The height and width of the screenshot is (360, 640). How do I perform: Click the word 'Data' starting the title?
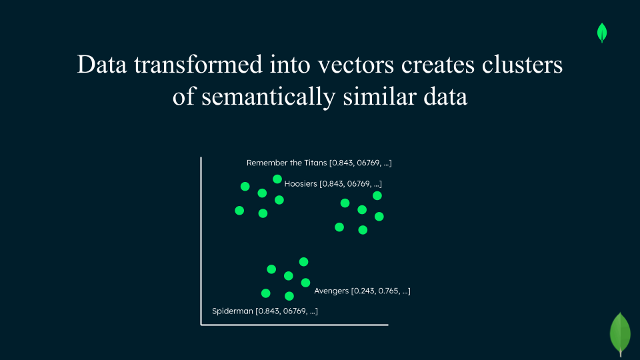click(x=101, y=65)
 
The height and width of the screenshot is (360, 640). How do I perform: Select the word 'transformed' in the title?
click(x=198, y=65)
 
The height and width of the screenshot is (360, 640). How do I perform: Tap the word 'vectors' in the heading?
click(x=356, y=65)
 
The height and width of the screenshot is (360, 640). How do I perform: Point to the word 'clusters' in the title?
click(x=522, y=65)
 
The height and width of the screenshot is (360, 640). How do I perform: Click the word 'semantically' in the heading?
click(x=268, y=97)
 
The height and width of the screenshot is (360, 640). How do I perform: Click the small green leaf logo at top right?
click(x=602, y=33)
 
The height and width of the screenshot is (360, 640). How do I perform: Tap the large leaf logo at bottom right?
click(x=621, y=334)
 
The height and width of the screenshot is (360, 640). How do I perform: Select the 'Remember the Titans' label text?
click(x=287, y=163)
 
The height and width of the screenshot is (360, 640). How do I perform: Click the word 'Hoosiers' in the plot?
click(x=301, y=184)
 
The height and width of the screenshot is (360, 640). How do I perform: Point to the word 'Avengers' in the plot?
click(x=331, y=291)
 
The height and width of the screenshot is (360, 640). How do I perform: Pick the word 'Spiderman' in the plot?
click(x=233, y=311)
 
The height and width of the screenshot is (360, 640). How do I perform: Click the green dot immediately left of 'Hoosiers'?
click(x=277, y=179)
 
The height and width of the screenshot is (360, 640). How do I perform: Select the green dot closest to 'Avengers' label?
click(x=305, y=283)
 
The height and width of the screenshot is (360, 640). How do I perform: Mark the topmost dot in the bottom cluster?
click(x=304, y=261)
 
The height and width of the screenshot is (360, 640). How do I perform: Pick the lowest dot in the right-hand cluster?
click(x=363, y=230)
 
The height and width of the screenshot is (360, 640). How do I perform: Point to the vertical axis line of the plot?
click(x=201, y=241)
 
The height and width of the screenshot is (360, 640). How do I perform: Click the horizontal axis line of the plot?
click(x=294, y=325)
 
